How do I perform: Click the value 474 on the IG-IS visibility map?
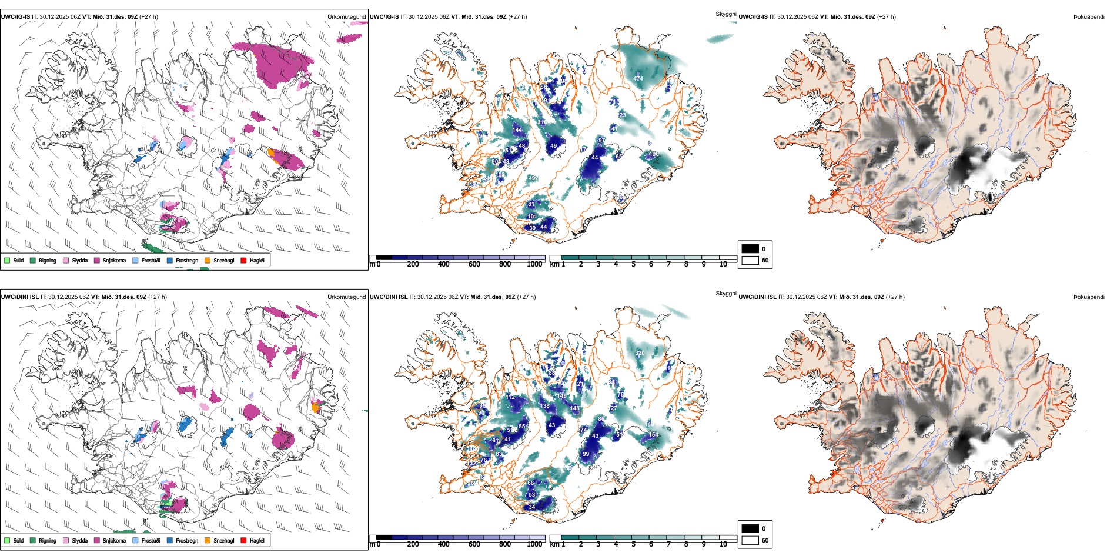click(638, 78)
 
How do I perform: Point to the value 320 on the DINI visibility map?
click(640, 353)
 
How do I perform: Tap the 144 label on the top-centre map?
click(517, 129)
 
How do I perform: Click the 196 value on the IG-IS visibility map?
click(654, 154)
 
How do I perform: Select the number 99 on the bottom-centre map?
click(586, 454)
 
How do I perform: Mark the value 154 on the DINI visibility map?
click(653, 435)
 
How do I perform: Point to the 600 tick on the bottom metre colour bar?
click(474, 544)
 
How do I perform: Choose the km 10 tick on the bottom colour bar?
click(723, 544)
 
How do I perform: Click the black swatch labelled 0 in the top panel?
click(750, 249)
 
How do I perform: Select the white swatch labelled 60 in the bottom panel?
click(750, 540)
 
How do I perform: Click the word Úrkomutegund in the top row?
click(346, 17)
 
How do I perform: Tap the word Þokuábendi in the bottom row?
click(1089, 297)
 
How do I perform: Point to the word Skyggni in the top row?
click(725, 14)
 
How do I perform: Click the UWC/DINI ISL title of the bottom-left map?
click(19, 297)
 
